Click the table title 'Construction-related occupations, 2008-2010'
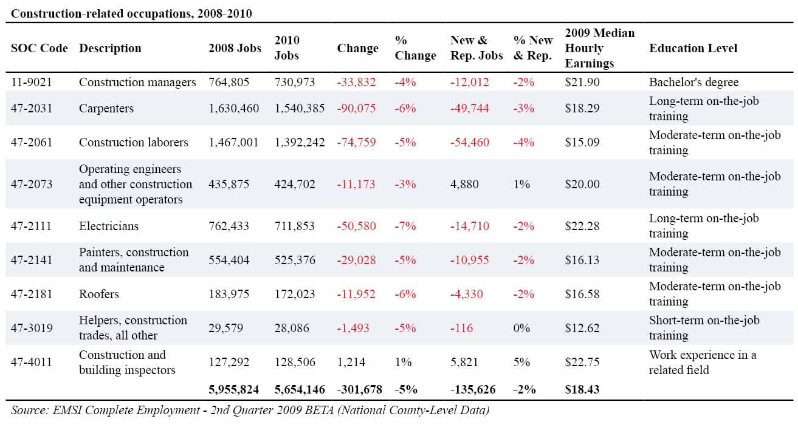tap(131, 13)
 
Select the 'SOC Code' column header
tap(39, 48)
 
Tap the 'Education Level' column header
tap(693, 48)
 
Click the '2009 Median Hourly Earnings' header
tap(600, 48)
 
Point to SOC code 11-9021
tap(32, 82)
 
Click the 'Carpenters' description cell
tap(106, 108)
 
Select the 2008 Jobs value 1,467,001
tap(233, 143)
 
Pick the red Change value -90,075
tap(356, 108)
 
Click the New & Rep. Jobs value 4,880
tap(464, 184)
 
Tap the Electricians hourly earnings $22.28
tap(582, 226)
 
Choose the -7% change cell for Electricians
tap(405, 226)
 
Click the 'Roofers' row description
tap(99, 294)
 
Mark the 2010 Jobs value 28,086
tap(291, 328)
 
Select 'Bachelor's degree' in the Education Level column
tap(693, 82)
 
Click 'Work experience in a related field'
tap(702, 362)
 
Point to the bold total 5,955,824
tap(234, 389)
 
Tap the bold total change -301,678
tap(359, 389)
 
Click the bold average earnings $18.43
tap(582, 389)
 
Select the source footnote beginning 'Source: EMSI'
tap(250, 410)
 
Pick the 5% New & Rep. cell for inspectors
tap(521, 362)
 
